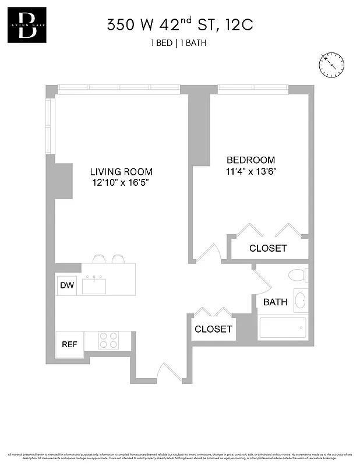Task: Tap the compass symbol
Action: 330,64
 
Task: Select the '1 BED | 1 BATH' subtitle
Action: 179,43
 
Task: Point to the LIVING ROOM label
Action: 121,172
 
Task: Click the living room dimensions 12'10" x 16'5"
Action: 121,183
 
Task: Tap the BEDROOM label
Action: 250,160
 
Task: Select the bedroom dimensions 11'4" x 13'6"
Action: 250,171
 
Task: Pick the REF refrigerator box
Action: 69,344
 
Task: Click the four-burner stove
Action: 108,340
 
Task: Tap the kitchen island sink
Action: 94,285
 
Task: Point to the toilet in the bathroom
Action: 298,276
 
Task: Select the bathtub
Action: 283,328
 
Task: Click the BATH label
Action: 275,302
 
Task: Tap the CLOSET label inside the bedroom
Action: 268,248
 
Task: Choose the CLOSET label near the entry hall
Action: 213,329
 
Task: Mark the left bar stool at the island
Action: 100,258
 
